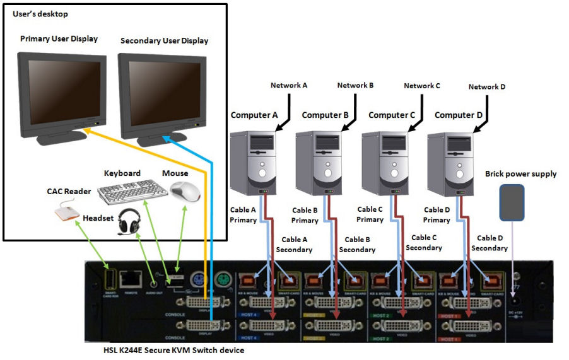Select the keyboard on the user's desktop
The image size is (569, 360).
[132, 191]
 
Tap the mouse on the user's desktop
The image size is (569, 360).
[185, 190]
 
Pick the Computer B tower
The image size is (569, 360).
[319, 161]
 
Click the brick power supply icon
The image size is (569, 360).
[512, 202]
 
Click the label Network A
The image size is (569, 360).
[289, 85]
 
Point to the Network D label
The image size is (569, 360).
[486, 87]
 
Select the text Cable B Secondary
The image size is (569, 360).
[357, 245]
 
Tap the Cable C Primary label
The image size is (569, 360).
[370, 214]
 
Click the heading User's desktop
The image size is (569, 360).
[40, 14]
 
